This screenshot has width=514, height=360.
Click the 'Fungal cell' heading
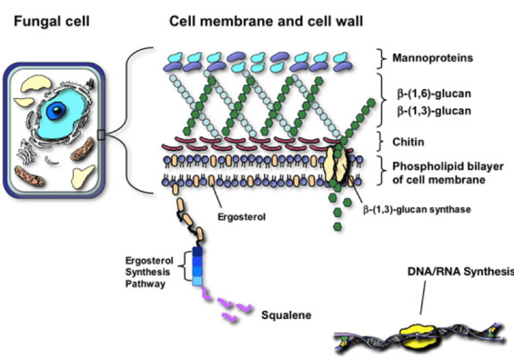[x=51, y=22]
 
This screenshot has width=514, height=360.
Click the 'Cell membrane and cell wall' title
[x=266, y=22]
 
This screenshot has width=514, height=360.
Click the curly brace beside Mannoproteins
[x=381, y=57]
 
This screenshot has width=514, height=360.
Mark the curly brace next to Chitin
[x=381, y=143]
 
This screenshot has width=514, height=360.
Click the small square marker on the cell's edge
[x=101, y=136]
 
